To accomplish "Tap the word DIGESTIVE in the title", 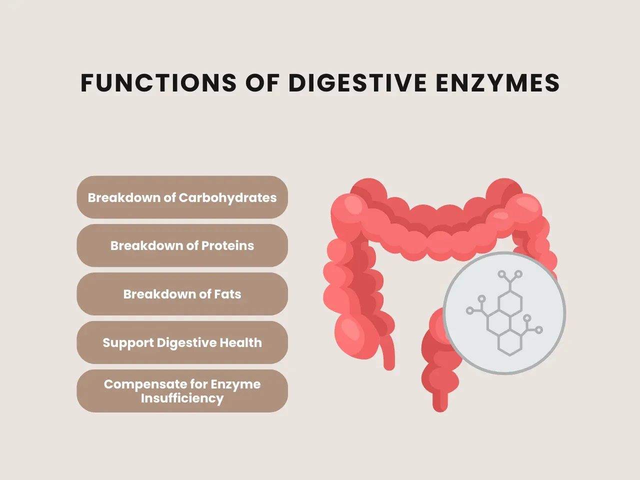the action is click(x=357, y=83).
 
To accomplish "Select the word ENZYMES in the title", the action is click(x=497, y=83).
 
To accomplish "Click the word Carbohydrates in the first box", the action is click(x=227, y=197).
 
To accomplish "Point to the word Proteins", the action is click(x=227, y=245).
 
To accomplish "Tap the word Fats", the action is click(x=227, y=294).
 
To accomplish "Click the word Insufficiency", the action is click(x=182, y=398).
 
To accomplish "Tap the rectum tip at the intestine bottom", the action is click(x=440, y=403).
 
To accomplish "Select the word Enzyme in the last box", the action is click(x=235, y=384).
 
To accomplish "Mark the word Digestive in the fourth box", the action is click(x=184, y=342).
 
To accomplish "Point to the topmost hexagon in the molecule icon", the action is click(x=510, y=303).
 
